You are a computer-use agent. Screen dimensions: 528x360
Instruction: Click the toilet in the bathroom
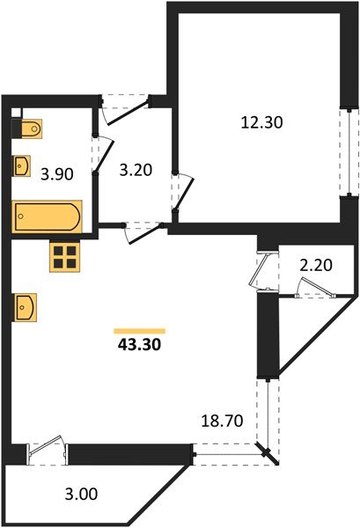(28, 128)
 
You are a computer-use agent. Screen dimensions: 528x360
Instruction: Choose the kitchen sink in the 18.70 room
(26, 308)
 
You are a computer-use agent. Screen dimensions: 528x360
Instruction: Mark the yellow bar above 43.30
(139, 331)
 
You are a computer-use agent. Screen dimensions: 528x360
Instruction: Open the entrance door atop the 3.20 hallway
(126, 106)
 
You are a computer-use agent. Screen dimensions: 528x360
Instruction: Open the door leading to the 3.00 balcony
(47, 448)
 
